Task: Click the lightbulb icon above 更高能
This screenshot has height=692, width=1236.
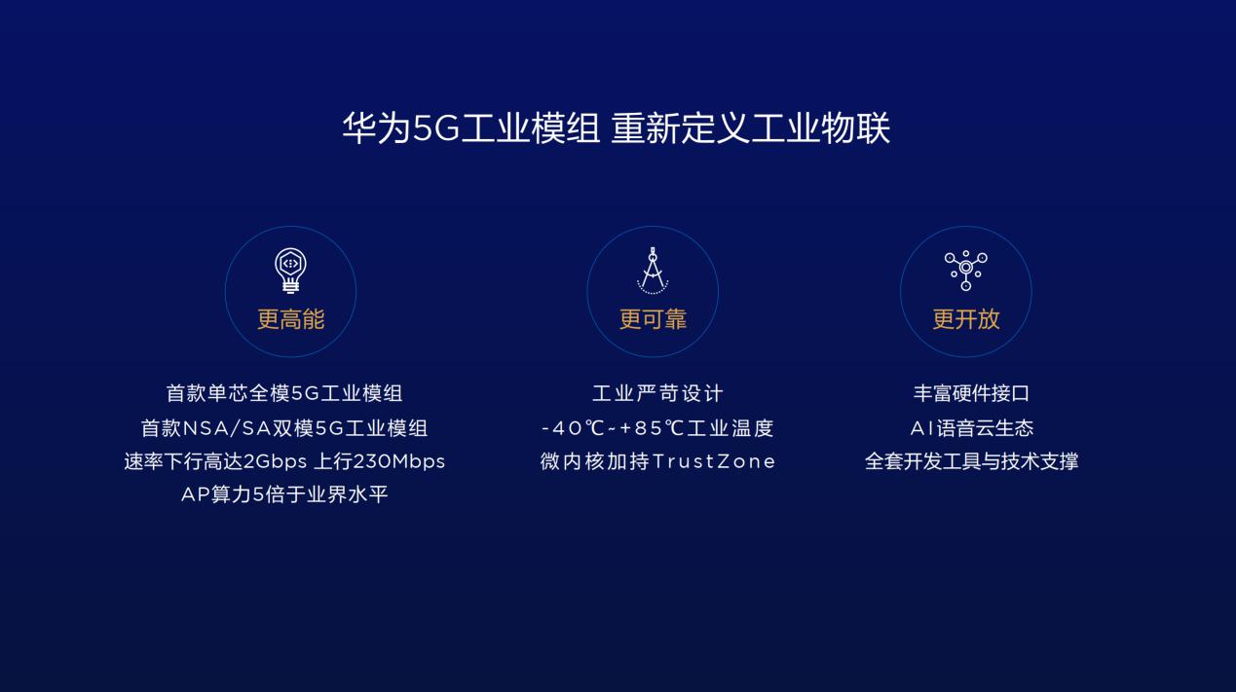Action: point(290,271)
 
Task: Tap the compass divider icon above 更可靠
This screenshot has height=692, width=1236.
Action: point(653,271)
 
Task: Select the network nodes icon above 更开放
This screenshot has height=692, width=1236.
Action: point(965,271)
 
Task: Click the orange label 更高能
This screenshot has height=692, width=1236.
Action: point(291,319)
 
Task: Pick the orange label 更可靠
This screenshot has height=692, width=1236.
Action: point(653,319)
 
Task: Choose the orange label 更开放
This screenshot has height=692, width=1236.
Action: point(966,319)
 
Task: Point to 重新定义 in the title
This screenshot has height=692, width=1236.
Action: point(681,127)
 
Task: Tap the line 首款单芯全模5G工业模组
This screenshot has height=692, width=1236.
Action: point(284,393)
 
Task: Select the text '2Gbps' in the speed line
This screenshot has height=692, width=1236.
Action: point(275,461)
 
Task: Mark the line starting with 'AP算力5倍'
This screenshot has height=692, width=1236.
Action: point(284,494)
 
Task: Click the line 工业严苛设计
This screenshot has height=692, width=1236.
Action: point(657,393)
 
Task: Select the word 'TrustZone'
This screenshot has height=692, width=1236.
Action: point(714,461)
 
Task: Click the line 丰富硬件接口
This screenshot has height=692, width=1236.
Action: point(971,393)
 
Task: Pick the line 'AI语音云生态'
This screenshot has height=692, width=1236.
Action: point(972,428)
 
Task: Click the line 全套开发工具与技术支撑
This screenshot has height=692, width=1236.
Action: point(971,461)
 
